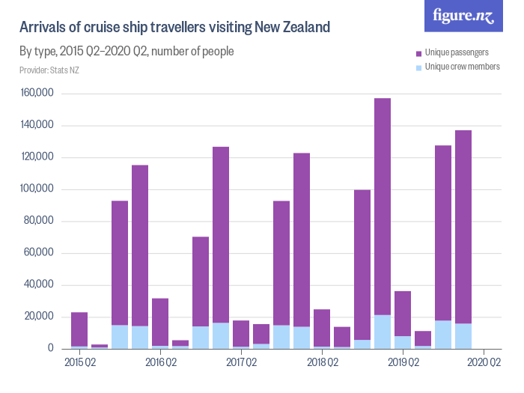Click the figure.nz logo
pos(463,16)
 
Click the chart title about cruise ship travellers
pos(174,28)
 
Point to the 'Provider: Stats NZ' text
pos(50,70)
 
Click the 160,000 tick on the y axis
pos(37,94)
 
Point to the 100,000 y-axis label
pos(37,189)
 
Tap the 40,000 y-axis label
pos(40,285)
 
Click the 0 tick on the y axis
pos(50,349)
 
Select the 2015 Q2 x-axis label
pos(79,363)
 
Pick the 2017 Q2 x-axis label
pos(241,363)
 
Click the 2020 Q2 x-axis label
pos(484,363)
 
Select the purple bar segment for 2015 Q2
pos(79,329)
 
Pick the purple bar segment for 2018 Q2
pos(322,328)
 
